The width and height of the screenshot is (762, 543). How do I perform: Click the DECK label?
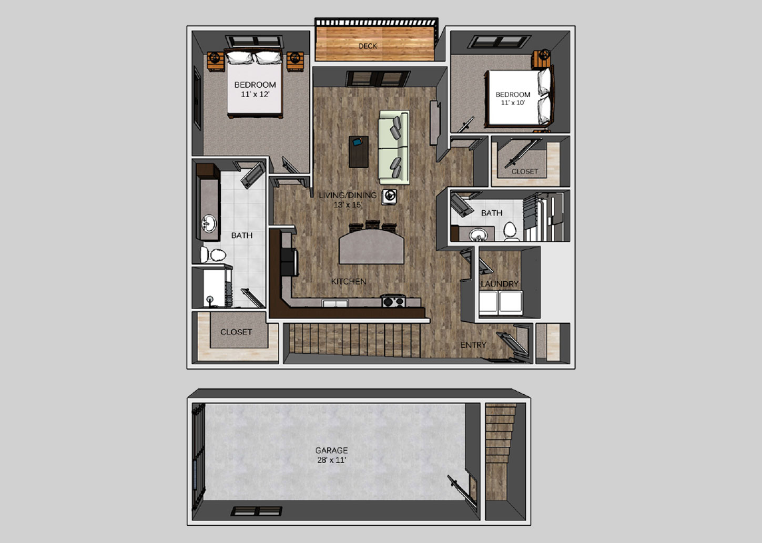click(x=368, y=46)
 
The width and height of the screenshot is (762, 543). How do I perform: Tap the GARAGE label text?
click(x=331, y=450)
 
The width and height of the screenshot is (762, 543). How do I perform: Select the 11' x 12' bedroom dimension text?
click(x=255, y=94)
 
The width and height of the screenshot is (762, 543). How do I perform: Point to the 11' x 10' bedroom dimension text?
click(x=513, y=103)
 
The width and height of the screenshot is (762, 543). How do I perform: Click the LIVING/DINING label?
click(x=348, y=195)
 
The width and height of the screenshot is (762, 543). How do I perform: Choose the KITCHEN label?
click(x=349, y=282)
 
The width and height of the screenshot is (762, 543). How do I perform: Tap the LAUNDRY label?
click(x=500, y=284)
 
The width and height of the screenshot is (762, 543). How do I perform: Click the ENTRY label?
click(x=473, y=345)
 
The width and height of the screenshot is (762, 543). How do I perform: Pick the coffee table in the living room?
click(x=359, y=151)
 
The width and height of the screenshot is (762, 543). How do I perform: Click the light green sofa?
click(x=394, y=147)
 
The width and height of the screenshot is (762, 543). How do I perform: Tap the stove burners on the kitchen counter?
click(x=393, y=302)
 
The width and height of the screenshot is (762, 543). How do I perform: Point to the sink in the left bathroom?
click(x=209, y=223)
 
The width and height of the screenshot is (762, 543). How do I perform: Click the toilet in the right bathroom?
click(x=510, y=230)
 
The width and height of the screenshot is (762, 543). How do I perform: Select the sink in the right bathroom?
click(x=478, y=234)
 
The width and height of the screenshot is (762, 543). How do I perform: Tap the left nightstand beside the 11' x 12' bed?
click(x=216, y=61)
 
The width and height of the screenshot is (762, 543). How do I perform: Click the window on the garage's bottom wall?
click(x=257, y=511)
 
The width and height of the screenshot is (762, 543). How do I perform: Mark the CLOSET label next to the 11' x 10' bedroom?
click(x=525, y=171)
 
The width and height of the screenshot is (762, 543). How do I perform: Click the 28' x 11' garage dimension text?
click(x=331, y=460)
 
